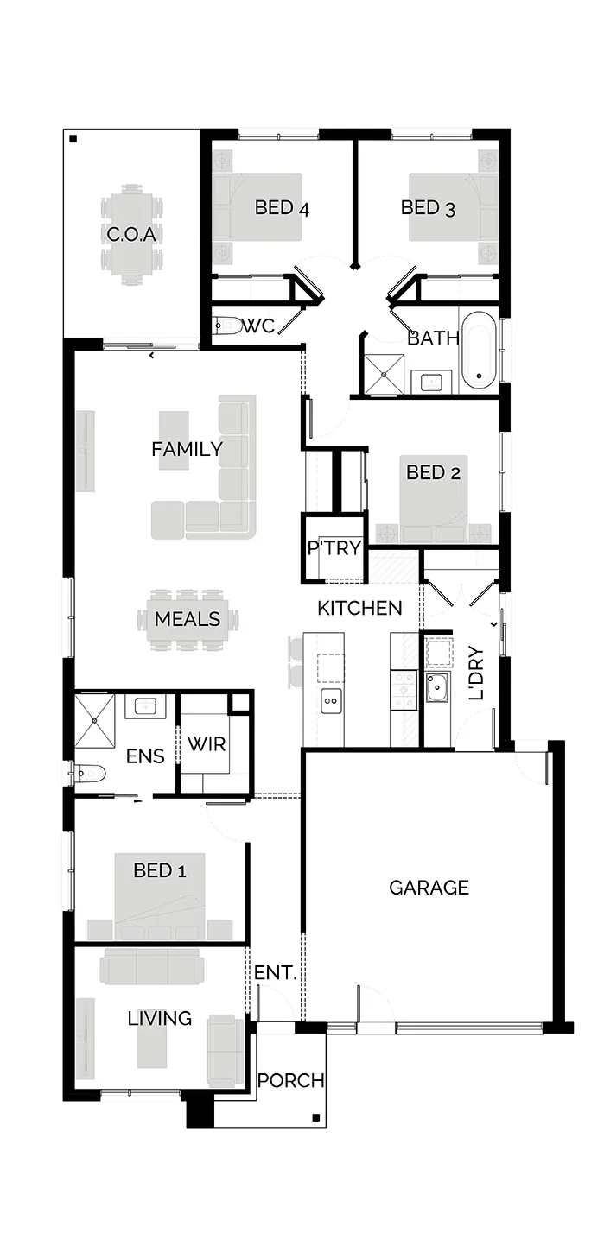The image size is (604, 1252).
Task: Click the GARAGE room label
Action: click(x=429, y=887)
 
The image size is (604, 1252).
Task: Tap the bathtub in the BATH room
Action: click(x=479, y=351)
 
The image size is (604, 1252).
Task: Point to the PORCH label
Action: click(x=291, y=1080)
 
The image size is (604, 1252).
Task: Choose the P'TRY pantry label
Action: click(x=334, y=547)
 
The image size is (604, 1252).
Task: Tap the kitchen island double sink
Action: click(x=331, y=701)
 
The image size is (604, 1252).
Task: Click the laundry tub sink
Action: click(x=437, y=687)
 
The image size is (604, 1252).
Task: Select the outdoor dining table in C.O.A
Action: click(x=131, y=234)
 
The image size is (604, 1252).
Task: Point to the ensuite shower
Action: click(x=94, y=721)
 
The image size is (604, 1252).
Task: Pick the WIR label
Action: click(x=207, y=744)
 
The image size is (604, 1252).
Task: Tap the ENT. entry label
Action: click(x=275, y=972)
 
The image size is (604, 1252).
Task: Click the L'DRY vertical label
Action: click(x=476, y=673)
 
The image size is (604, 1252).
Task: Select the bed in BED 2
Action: click(x=434, y=499)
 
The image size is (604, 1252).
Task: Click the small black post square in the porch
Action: click(x=316, y=1118)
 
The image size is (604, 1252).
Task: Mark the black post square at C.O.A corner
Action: click(x=73, y=139)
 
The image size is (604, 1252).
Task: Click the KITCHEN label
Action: click(x=359, y=608)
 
